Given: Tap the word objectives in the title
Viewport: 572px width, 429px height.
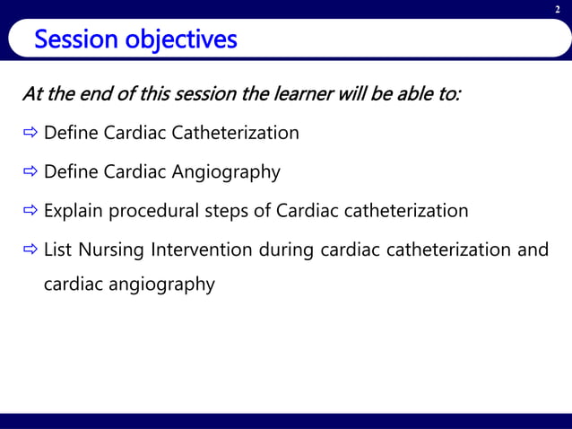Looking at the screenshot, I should (x=178, y=40).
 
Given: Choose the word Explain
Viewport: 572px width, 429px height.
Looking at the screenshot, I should (x=74, y=212).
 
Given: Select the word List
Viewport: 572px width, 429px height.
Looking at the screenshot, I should (x=57, y=249).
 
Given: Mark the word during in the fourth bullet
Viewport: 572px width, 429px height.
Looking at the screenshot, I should (x=287, y=249).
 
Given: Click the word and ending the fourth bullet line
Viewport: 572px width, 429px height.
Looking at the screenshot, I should (x=533, y=249).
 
